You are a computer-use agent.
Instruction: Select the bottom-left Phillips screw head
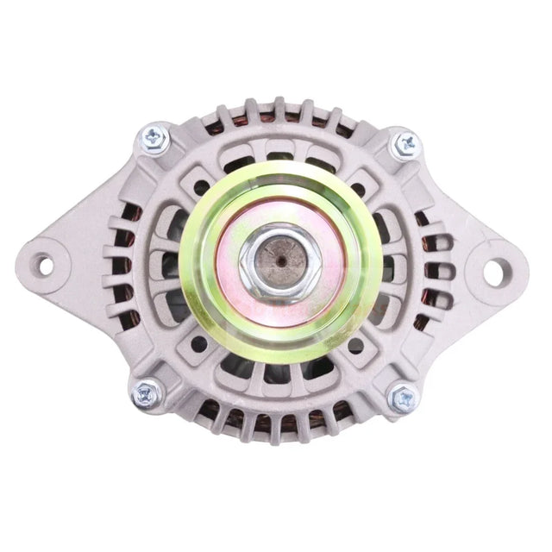click(x=147, y=394)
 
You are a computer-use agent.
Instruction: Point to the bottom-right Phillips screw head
click(x=404, y=398)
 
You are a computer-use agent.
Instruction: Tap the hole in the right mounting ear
click(x=493, y=271)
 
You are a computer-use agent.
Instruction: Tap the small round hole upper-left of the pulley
click(x=200, y=185)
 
